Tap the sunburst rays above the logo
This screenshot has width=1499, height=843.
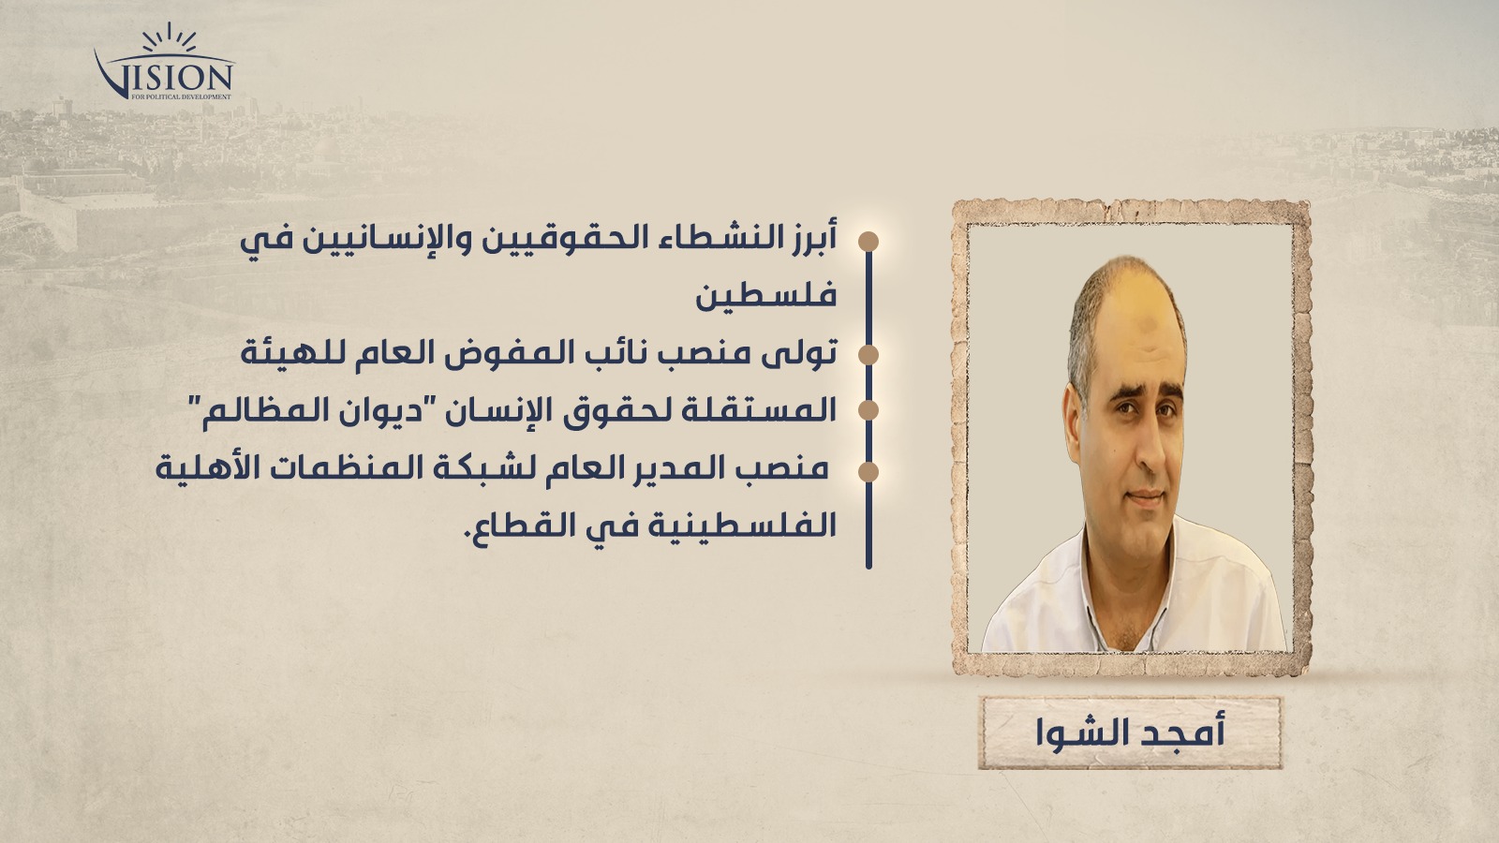pos(170,37)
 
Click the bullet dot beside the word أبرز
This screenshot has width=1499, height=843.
pos(868,242)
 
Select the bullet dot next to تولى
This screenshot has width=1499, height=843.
pos(868,355)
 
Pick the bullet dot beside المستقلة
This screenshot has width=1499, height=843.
pos(868,410)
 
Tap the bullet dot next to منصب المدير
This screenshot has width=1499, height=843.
pos(868,472)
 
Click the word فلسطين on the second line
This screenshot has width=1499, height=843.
pos(766,296)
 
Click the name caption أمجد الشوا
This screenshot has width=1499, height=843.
pos(1130,732)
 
